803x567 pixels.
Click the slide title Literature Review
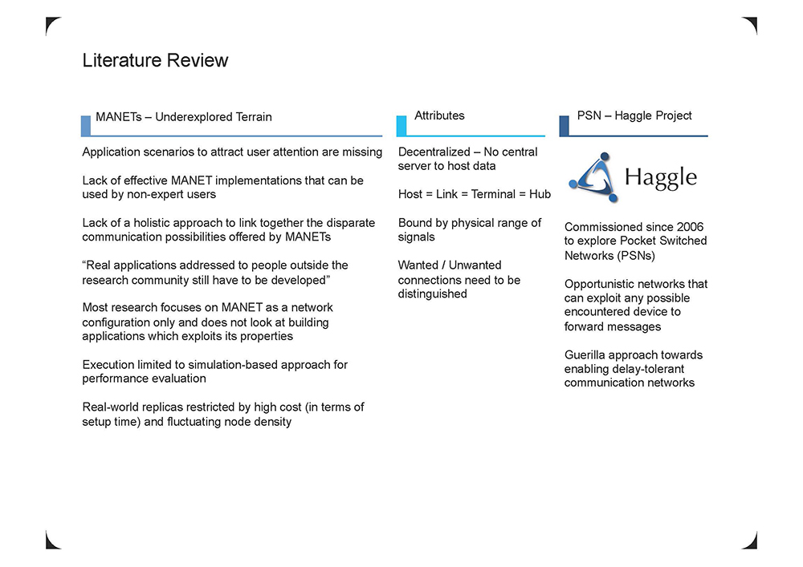[x=155, y=60]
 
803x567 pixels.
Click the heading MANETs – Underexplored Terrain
[x=184, y=117]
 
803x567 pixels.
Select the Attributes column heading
[x=439, y=115]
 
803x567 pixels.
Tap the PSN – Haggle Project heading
[x=634, y=115]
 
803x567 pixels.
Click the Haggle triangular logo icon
[x=594, y=177]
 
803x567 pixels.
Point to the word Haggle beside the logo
[x=661, y=178]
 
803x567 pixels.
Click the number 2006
[x=690, y=227]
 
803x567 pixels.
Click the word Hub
[x=540, y=194]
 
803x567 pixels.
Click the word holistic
[x=152, y=223]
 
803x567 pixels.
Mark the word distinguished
[x=432, y=294]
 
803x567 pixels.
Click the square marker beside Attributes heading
[x=401, y=126]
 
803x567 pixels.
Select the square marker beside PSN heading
[x=564, y=126]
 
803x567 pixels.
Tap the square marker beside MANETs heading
[x=86, y=126]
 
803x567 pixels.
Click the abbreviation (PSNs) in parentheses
[x=633, y=256]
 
